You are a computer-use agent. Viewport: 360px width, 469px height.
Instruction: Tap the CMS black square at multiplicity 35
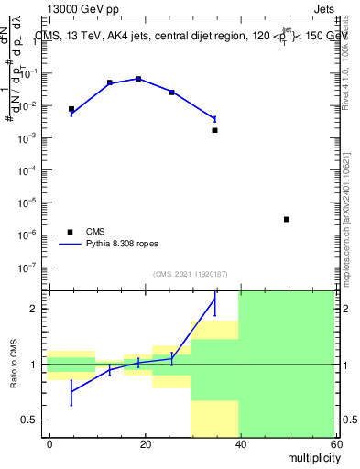[x=214, y=130]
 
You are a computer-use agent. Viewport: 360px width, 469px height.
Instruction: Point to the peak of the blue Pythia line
[x=138, y=79]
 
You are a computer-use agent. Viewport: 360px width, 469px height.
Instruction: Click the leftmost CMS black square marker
[x=71, y=109]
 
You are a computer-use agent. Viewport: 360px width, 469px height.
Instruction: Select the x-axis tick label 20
[x=145, y=443]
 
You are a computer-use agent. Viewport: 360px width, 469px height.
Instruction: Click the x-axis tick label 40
[x=239, y=443]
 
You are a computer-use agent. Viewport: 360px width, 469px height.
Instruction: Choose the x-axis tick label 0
[x=50, y=443]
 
